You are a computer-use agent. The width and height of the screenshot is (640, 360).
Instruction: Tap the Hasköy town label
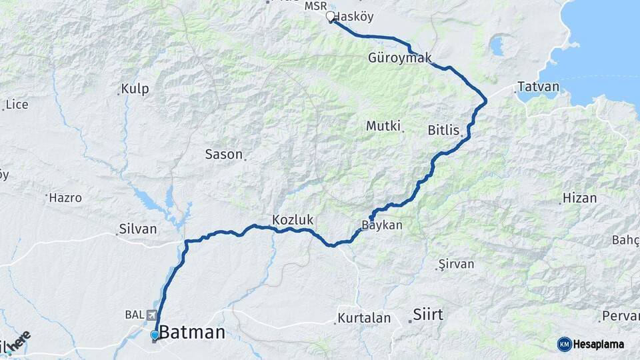coord(353,17)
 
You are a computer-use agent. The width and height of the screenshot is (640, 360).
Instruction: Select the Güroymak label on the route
coord(395,58)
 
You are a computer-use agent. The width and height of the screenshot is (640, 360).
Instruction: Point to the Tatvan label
coord(535,87)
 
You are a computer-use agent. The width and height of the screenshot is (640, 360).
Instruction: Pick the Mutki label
coord(383,125)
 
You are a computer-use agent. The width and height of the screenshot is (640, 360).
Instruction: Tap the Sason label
coord(223,154)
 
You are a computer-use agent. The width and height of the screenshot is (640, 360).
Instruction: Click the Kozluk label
coord(293,219)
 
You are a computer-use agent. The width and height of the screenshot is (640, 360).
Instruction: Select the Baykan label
coord(382,225)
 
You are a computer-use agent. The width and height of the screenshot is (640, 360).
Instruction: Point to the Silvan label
coord(138,229)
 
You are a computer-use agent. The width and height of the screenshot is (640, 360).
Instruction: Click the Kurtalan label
coord(364,318)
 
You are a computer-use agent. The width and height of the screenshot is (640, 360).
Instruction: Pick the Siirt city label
coord(427,314)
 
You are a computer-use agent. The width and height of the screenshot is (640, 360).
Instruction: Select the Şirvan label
coord(457,264)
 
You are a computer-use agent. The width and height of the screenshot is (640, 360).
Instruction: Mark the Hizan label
coord(579,198)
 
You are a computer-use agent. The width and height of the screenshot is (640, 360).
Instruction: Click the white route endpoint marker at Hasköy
coord(330,17)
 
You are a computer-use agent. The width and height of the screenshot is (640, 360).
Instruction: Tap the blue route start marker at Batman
coord(155,335)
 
